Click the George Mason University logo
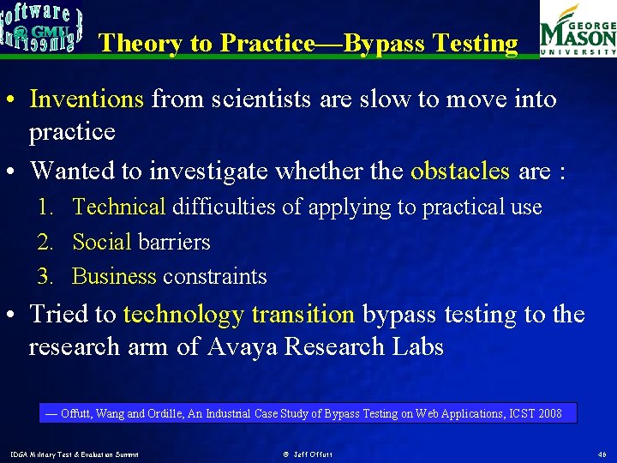coord(577,29)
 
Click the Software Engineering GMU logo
coord(42,27)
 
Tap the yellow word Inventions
coord(87,99)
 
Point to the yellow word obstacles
coord(460,171)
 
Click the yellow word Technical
coord(119,207)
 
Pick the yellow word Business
coord(114,277)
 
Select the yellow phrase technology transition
coord(238,315)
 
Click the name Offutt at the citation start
coord(77,414)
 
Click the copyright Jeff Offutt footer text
coord(308,454)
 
